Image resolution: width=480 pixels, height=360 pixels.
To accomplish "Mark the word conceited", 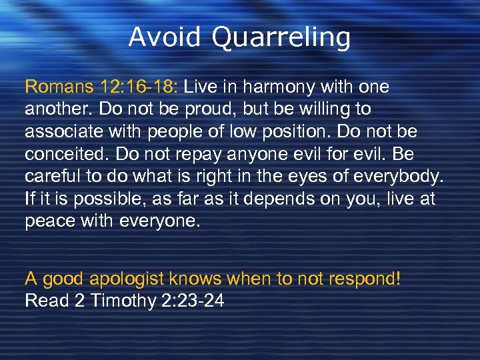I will [x=66, y=155].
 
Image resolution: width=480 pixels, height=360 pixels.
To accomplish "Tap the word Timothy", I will [x=123, y=301].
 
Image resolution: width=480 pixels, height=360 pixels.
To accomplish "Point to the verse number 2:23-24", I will [x=193, y=301].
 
